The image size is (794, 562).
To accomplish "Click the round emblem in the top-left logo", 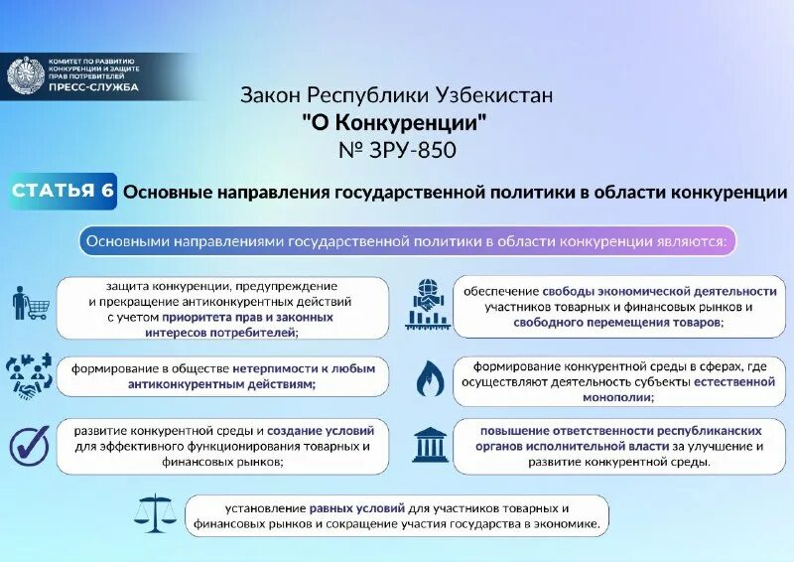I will pos(23,76).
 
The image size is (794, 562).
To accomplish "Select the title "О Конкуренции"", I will pos(396,122).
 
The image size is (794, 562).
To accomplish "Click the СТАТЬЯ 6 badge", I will pos(64,190).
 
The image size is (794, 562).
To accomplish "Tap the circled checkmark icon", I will pos(29,446).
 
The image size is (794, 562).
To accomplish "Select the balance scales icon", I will pos(157,515).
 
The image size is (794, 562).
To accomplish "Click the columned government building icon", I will pos(429,445).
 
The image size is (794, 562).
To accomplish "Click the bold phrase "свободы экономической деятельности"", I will pos(659,292).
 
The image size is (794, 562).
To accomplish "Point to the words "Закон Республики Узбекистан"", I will pos(396,96).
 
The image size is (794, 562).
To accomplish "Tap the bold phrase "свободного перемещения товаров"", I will pos(616,324).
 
